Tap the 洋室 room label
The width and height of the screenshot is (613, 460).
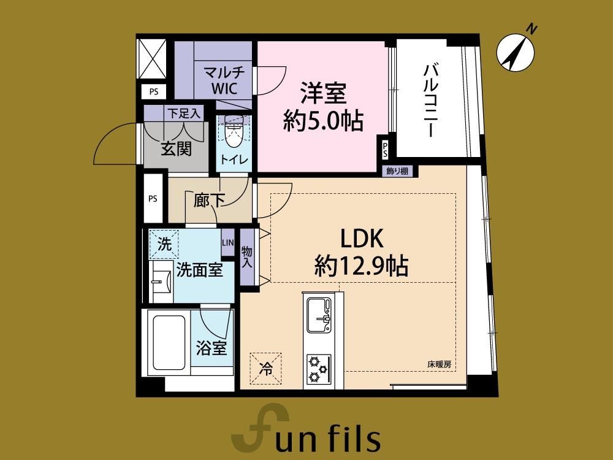(x=323, y=93)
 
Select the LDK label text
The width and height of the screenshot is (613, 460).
(x=362, y=239)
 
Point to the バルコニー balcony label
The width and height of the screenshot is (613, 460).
(x=430, y=101)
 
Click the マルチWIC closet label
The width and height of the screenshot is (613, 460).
(x=224, y=80)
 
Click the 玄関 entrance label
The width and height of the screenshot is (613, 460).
(x=177, y=149)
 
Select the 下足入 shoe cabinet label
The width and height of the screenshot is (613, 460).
(x=184, y=113)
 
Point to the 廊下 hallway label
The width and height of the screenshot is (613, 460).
(x=209, y=201)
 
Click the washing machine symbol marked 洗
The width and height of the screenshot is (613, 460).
(x=164, y=245)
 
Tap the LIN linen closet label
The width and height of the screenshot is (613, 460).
(x=228, y=242)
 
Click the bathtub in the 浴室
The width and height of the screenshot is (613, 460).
(x=169, y=343)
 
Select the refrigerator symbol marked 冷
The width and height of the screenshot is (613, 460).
(x=266, y=369)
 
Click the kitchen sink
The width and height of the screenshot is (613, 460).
(x=319, y=315)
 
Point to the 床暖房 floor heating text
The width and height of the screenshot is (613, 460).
(x=439, y=364)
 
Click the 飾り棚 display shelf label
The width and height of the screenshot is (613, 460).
(x=397, y=171)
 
